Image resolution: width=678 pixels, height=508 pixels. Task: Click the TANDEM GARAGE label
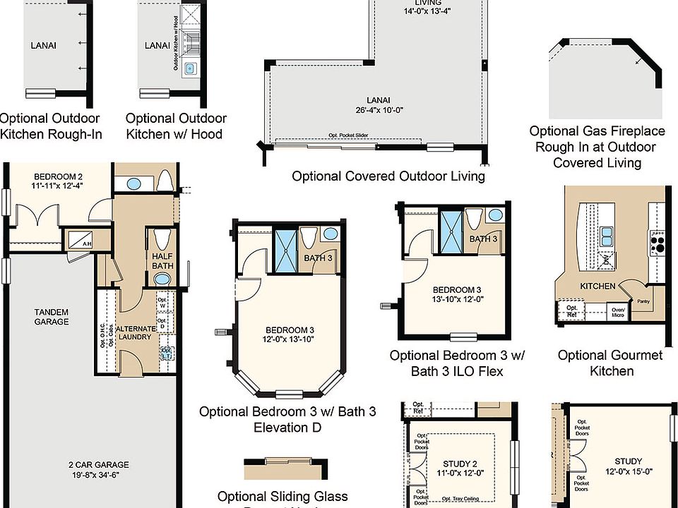click(52, 316)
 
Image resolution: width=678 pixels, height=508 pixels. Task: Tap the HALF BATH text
click(162, 260)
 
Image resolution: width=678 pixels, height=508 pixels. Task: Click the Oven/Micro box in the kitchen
click(618, 310)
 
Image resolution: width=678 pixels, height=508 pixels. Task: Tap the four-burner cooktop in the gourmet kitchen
click(657, 243)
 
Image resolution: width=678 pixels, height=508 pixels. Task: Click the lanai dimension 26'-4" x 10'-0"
click(379, 110)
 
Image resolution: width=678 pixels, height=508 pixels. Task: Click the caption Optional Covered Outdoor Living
click(388, 176)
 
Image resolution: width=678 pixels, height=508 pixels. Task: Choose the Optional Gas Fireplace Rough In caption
click(597, 147)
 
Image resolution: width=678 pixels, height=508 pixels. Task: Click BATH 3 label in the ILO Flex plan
click(484, 239)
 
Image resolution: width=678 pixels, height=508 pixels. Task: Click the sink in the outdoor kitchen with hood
click(189, 68)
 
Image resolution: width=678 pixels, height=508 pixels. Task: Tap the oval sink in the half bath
click(162, 279)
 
